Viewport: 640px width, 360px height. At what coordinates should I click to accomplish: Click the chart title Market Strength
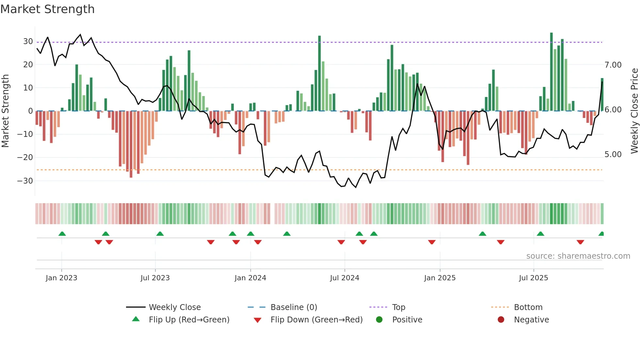(47, 9)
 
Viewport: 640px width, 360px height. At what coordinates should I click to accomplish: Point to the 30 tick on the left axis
(28, 41)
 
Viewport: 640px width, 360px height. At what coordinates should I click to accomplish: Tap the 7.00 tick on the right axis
(613, 65)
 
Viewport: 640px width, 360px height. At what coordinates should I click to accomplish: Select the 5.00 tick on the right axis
(613, 155)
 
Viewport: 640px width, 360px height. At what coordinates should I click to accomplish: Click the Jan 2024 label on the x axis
(250, 278)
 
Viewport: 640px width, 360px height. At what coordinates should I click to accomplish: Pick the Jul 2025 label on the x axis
(533, 278)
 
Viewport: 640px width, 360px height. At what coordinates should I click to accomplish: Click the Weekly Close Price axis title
(634, 111)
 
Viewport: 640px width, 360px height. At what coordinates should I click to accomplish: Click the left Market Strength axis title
(6, 111)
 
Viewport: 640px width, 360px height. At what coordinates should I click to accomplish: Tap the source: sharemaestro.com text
(578, 256)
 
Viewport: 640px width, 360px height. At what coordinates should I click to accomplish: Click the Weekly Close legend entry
(174, 307)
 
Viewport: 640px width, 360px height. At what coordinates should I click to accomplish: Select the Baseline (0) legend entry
(294, 307)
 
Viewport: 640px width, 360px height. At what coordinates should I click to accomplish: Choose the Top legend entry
(398, 307)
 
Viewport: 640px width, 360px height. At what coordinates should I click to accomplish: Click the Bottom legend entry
(528, 307)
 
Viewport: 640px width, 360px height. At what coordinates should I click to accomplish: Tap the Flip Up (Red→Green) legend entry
(189, 320)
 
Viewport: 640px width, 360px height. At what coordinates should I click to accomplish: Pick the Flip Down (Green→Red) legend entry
(316, 320)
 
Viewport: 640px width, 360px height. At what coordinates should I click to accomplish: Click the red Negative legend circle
(501, 319)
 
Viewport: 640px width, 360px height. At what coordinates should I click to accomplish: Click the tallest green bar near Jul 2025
(551, 72)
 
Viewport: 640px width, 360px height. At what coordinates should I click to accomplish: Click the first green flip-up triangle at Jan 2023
(62, 234)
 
